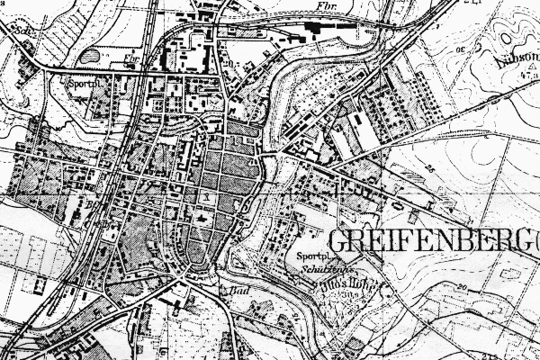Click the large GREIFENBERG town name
(432, 240)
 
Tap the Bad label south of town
(240, 292)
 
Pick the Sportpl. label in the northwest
(81, 81)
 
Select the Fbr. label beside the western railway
(131, 62)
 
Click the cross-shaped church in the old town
(206, 220)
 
